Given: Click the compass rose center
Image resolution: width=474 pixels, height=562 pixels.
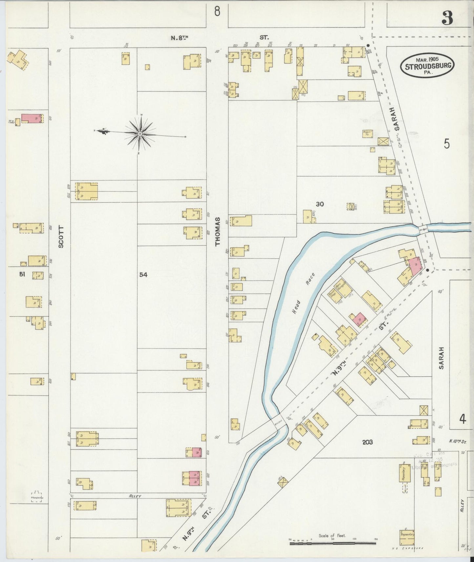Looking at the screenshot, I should (140, 133).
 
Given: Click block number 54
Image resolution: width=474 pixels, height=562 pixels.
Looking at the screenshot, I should (143, 274).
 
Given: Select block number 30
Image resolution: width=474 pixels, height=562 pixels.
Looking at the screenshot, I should (320, 204).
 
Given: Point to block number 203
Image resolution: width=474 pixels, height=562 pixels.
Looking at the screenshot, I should (367, 442).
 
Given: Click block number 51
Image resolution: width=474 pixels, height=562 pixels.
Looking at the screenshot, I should (22, 274).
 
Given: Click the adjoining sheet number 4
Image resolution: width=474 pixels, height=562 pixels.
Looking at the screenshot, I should (463, 419).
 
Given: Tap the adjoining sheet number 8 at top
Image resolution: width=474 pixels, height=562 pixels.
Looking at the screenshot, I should (217, 12).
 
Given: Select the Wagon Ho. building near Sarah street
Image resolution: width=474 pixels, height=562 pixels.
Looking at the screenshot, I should (367, 133).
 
